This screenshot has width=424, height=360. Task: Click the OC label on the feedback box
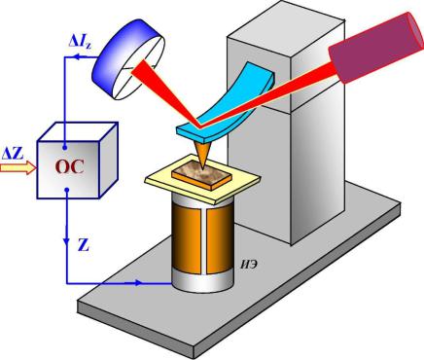69,167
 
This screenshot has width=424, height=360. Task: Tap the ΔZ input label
13,154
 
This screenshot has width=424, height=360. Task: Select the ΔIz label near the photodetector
80,41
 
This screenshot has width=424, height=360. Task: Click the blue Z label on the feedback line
84,245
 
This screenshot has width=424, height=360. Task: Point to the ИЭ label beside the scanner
249,265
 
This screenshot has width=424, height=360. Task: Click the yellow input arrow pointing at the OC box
18,168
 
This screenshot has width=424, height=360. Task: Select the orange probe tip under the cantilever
202,156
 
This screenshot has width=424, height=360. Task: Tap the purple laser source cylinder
376,48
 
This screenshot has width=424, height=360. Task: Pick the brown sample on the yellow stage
201,175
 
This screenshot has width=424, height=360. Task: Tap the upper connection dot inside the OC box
65,148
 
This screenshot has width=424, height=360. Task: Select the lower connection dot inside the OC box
66,190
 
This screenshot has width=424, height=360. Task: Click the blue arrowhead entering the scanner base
138,283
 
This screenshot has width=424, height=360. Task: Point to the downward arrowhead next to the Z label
66,241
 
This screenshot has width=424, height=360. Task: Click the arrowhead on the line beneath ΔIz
76,57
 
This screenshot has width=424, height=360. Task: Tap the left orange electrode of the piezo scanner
186,238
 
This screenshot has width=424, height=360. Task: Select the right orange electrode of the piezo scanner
220,238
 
